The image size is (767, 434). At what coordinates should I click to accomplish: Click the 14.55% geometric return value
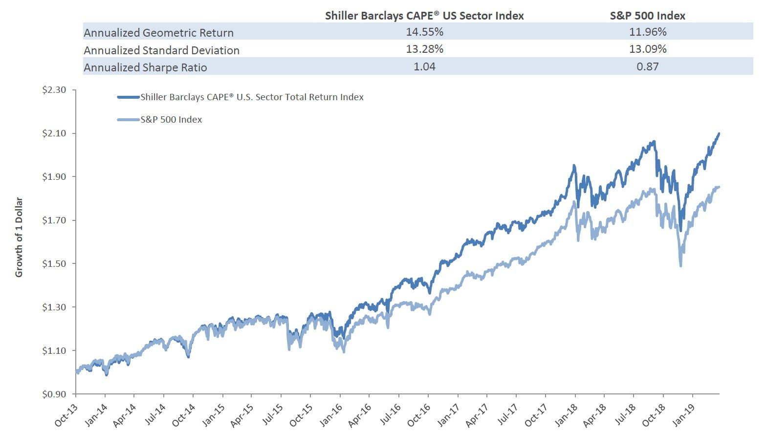(424, 32)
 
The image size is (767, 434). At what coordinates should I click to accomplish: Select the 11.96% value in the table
(647, 32)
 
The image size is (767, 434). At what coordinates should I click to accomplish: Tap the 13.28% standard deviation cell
(424, 49)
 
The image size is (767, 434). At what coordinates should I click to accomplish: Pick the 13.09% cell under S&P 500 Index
(647, 49)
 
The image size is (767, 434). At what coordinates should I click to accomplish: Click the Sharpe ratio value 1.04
(424, 67)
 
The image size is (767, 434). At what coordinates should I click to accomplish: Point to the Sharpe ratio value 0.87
(647, 67)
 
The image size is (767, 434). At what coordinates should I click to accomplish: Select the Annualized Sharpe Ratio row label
(145, 67)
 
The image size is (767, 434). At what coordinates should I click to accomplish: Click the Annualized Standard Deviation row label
(161, 50)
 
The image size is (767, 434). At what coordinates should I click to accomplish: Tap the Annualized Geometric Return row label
(158, 33)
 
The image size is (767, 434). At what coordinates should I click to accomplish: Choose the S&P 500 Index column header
(647, 16)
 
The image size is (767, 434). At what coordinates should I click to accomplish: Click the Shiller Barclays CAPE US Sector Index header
(424, 16)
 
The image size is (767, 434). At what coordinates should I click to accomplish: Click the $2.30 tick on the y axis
(54, 90)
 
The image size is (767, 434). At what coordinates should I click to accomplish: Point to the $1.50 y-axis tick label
(54, 264)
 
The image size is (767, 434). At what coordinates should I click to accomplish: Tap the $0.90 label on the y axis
(54, 394)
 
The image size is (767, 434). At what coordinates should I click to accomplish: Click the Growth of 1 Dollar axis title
(19, 237)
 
